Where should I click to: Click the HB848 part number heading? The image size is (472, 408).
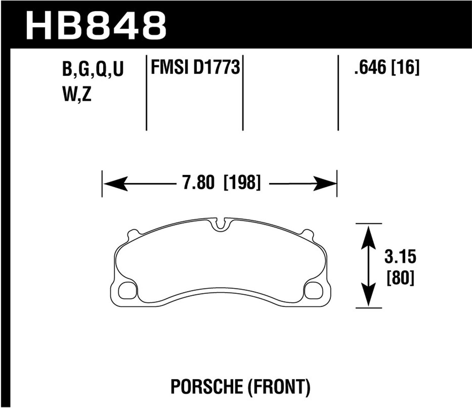[96, 25]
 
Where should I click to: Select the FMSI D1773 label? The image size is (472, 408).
[195, 68]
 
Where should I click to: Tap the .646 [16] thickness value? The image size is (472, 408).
[387, 68]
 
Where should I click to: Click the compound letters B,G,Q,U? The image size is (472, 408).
[93, 69]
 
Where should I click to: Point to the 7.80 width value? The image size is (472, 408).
[198, 183]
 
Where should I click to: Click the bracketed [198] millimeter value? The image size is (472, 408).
[242, 183]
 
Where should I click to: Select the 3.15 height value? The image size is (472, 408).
[400, 257]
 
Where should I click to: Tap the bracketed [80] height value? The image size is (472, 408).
[400, 278]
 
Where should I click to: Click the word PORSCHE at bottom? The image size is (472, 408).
[206, 387]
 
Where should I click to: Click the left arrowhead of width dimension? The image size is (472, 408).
[115, 184]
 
